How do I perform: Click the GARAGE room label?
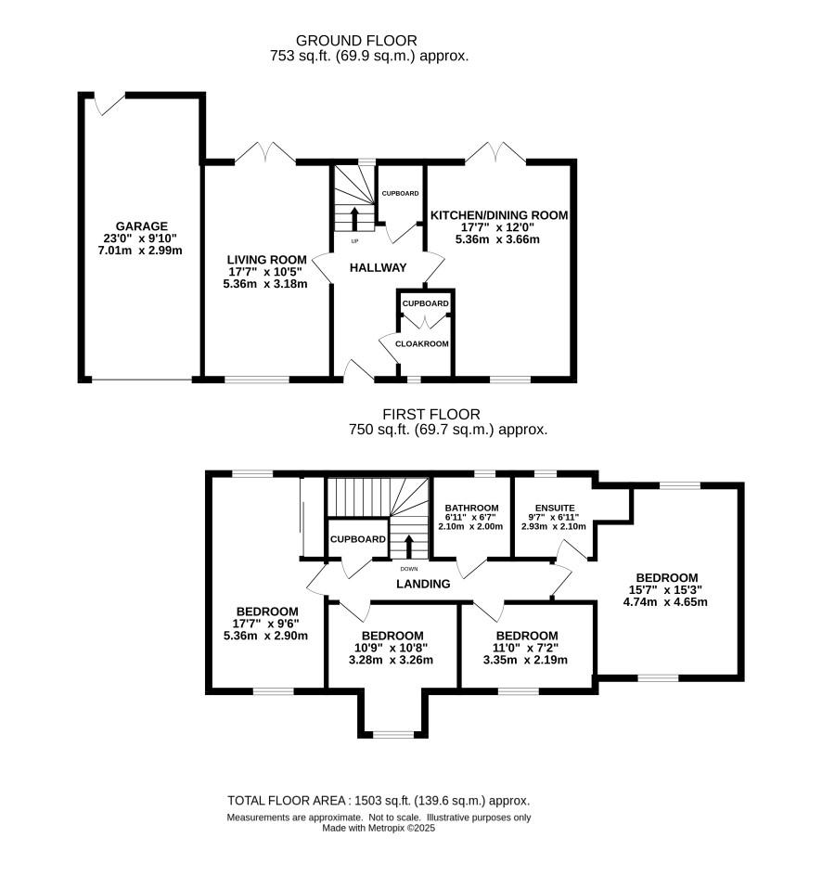tap(142, 226)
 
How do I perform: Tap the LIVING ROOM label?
tap(266, 260)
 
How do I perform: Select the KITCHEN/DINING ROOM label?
tap(499, 215)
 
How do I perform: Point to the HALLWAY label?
tap(378, 267)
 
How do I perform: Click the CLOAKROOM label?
tap(421, 343)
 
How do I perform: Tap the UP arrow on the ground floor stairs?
tap(354, 218)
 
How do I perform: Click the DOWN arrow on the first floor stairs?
tap(409, 547)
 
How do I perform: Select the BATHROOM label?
tap(471, 508)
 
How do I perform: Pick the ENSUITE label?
tap(555, 508)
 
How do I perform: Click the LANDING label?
tap(423, 584)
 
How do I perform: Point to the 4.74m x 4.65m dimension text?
tap(665, 601)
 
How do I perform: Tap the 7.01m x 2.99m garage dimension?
tap(140, 251)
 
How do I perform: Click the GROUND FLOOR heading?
tap(356, 41)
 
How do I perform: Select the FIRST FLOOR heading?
tap(431, 415)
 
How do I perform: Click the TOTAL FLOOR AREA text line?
tap(379, 801)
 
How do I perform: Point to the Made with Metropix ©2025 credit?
tap(379, 828)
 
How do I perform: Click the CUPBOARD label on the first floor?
tap(358, 539)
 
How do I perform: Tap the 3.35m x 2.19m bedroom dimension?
tap(525, 660)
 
